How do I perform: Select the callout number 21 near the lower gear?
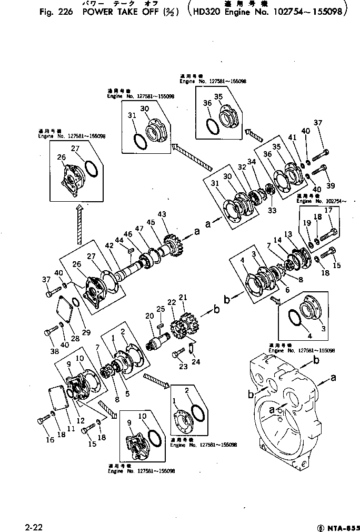pyautogui.click(x=183, y=298)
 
